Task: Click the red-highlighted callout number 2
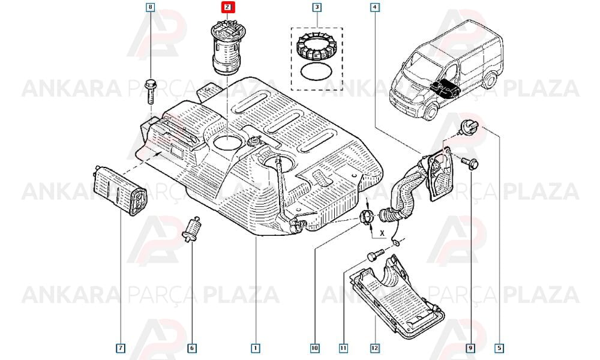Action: point(227,7)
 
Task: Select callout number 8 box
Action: point(151,7)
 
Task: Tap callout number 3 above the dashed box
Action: point(317,7)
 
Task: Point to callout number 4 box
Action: point(374,7)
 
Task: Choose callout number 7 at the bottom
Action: point(121,348)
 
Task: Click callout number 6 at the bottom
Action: point(192,348)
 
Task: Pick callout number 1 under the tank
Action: point(255,348)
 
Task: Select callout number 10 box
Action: point(314,348)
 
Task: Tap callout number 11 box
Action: point(343,348)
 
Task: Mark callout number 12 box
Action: point(374,348)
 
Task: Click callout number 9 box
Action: point(470,348)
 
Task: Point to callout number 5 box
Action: point(499,348)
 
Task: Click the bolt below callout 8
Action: point(151,92)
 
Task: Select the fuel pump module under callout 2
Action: point(227,48)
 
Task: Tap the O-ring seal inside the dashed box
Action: point(316,71)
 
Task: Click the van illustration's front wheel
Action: point(430,111)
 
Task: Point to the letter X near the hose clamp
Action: point(382,232)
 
